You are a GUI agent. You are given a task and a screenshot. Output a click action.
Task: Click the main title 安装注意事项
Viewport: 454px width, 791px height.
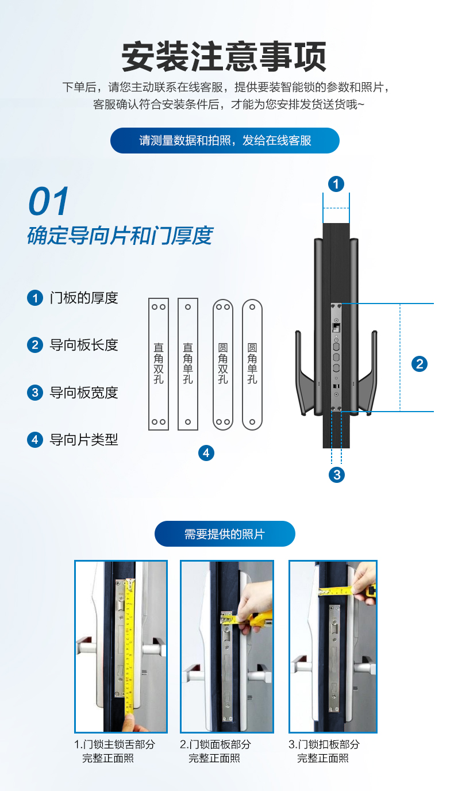224,56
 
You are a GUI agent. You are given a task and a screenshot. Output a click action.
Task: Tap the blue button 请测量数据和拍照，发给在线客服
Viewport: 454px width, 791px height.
225,140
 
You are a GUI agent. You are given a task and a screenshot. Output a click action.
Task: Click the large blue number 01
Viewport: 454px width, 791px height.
48,201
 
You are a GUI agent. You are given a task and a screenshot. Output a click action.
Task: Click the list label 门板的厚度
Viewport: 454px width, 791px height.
84,298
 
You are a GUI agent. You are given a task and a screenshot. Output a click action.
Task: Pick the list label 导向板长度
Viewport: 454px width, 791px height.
84,345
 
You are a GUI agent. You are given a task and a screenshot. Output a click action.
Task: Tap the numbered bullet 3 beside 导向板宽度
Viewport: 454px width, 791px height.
35,392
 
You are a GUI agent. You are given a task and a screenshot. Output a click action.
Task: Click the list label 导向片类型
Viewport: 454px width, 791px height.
84,440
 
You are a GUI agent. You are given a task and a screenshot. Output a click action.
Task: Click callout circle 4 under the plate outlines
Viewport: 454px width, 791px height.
206,453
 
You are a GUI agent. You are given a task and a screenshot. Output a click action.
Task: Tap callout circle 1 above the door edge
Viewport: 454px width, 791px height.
336,184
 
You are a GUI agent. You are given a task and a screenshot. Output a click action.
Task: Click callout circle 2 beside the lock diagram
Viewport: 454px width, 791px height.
420,364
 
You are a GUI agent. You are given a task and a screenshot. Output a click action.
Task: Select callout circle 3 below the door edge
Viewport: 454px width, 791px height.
337,475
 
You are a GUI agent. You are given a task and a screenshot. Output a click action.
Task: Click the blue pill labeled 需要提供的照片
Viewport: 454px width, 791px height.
225,533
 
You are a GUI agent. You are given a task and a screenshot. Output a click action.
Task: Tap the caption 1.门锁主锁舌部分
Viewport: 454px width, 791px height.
115,744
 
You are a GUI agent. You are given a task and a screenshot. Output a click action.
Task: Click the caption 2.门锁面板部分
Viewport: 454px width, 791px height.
216,744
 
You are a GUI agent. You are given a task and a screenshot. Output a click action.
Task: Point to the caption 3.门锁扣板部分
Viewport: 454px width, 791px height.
324,744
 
